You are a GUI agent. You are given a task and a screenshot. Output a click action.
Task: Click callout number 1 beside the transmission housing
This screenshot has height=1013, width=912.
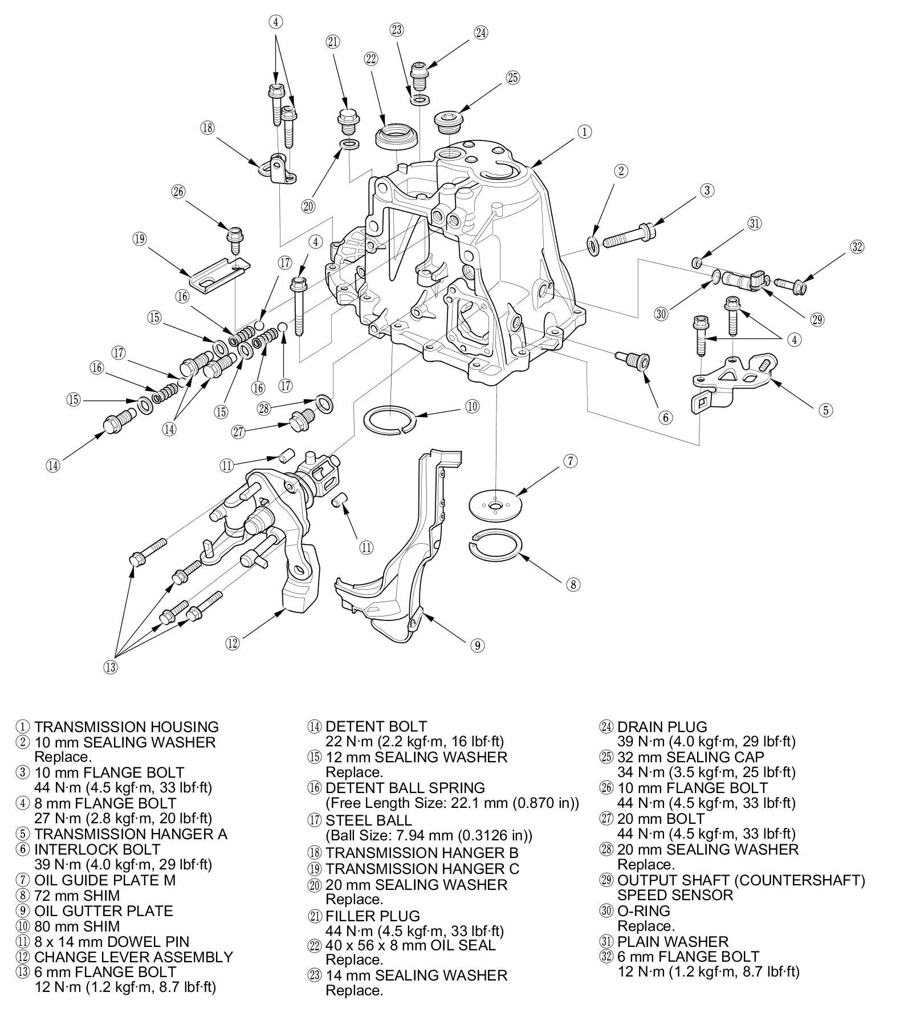click(584, 132)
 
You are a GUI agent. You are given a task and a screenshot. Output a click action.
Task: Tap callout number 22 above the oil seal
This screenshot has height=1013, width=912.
click(372, 59)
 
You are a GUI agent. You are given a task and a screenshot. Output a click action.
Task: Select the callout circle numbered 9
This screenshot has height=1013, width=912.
click(477, 645)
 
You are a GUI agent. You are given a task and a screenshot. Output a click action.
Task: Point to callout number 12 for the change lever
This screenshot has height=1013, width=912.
click(232, 643)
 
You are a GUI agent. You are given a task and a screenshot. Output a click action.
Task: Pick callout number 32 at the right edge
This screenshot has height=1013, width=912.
click(857, 247)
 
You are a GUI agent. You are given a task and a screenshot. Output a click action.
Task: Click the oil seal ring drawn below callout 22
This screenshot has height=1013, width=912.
click(397, 134)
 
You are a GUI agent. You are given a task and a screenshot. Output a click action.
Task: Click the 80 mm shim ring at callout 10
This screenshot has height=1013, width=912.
click(389, 420)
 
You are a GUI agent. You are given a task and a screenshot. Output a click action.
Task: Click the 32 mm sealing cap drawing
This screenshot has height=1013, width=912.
click(446, 124)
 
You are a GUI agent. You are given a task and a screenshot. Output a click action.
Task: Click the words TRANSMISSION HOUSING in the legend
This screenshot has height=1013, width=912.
click(127, 727)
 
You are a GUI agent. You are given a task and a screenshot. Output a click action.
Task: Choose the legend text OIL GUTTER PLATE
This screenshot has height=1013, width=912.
click(104, 911)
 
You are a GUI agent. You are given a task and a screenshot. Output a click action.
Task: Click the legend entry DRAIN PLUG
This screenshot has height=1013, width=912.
click(662, 727)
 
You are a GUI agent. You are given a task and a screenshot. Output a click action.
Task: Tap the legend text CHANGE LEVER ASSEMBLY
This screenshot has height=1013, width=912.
click(134, 957)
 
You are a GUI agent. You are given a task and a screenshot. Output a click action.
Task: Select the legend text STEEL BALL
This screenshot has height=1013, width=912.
click(369, 820)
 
